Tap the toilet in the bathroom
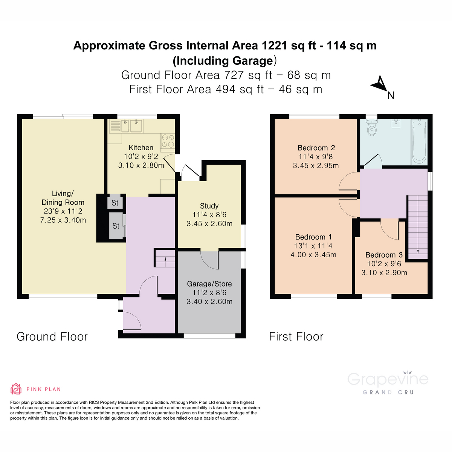coord(372,128)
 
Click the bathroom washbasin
coord(395,124)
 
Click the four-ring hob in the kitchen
coord(168,140)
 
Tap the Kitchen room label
coord(141,148)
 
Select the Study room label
coord(209,206)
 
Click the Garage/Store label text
coord(209,284)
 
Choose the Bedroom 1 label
coord(313,237)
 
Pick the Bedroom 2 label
coord(316,148)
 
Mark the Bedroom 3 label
coord(384,255)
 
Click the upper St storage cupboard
coord(115,203)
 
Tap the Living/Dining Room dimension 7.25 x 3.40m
coord(63,220)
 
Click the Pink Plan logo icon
coord(16,389)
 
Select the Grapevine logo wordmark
coord(388,379)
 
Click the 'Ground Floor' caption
coord(52,336)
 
